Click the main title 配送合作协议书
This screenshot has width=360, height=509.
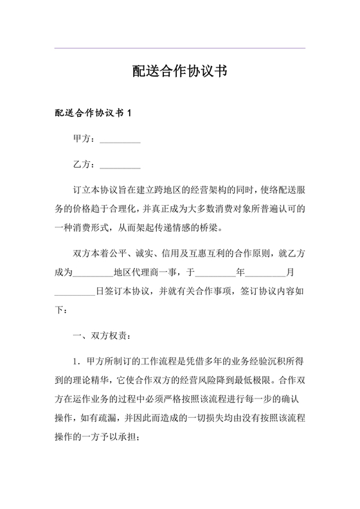(179, 71)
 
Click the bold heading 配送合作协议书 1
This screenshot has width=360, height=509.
(93, 113)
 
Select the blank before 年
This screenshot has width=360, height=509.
(216, 272)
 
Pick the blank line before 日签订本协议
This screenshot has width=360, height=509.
(76, 290)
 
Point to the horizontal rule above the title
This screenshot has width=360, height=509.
(179, 48)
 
